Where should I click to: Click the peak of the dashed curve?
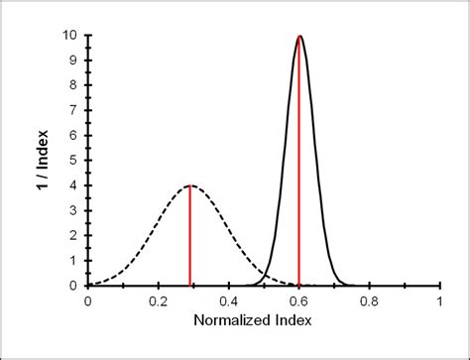coord(189,185)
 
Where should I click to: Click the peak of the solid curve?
coord(299,36)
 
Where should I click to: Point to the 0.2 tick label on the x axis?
coord(159,300)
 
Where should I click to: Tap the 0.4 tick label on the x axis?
coord(229,300)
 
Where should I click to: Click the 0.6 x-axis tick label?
coord(299,300)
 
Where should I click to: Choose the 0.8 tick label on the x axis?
coord(369,300)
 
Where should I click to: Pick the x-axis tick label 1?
coord(439,300)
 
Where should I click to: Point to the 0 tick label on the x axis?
coord(88,300)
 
